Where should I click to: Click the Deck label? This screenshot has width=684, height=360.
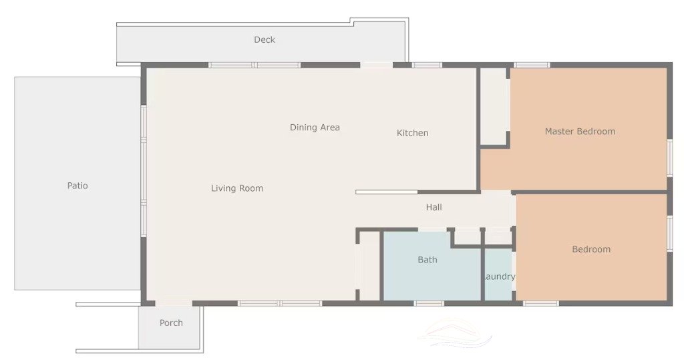265,39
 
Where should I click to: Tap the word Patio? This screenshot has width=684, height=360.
77,186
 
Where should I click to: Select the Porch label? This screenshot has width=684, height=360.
171,323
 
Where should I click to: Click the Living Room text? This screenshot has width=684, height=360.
237,188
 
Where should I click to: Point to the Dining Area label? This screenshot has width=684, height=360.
315,128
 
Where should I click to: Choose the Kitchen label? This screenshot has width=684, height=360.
412,133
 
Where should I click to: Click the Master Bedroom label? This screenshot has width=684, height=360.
580,132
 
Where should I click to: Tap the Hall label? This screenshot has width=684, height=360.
434,207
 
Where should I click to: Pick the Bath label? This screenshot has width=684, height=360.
427,260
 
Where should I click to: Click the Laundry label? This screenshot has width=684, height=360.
499,277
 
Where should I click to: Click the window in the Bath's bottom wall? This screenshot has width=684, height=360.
429,303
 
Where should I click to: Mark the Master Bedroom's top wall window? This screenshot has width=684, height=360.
531,65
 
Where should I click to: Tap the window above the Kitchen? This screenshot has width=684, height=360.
427,65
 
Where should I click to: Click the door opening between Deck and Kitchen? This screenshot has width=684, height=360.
377,65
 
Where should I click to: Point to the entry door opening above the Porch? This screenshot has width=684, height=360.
174,303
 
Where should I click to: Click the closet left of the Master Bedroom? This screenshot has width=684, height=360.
494,106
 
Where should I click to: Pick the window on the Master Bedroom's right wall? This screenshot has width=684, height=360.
669,158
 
